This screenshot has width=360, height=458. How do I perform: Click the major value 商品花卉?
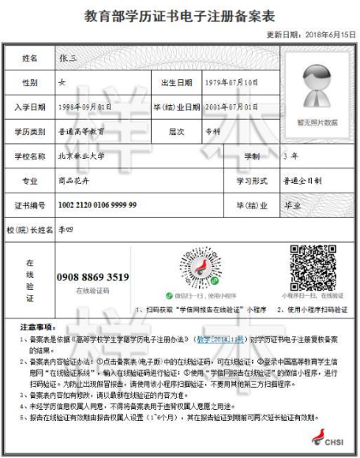[x=76, y=181]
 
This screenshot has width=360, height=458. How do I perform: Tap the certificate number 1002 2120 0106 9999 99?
[x=96, y=205]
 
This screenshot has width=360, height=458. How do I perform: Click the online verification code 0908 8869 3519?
[x=92, y=277]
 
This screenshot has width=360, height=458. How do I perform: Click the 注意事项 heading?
[x=36, y=325]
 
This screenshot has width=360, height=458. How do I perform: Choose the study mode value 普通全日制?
[x=303, y=181]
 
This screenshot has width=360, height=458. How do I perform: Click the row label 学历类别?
[x=30, y=130]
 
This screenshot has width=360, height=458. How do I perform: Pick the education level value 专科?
[x=205, y=130]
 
